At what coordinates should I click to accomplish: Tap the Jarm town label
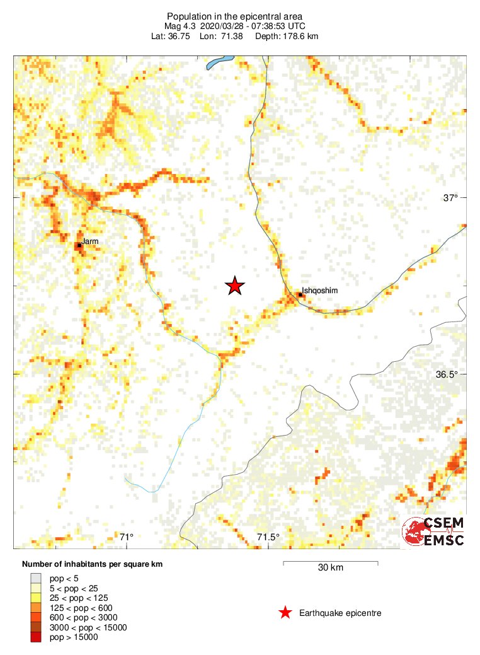click(x=89, y=241)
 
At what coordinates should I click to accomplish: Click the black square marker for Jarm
click(x=79, y=245)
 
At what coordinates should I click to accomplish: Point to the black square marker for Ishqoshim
click(x=300, y=294)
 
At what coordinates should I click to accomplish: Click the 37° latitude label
click(x=450, y=198)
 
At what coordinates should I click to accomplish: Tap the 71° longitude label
click(x=127, y=537)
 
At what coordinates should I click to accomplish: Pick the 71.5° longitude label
click(x=268, y=537)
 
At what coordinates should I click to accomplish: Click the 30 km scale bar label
click(x=330, y=567)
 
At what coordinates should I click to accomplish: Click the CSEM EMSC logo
click(x=434, y=531)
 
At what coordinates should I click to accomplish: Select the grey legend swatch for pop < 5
click(x=37, y=577)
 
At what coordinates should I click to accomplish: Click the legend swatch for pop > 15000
click(x=37, y=638)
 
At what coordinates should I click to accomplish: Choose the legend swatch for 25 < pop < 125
click(x=37, y=597)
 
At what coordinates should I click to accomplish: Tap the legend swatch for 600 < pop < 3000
click(x=37, y=617)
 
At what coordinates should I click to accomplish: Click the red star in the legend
click(x=285, y=613)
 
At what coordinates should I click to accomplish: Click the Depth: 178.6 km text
click(x=287, y=37)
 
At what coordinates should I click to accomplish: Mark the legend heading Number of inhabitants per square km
click(x=93, y=564)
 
